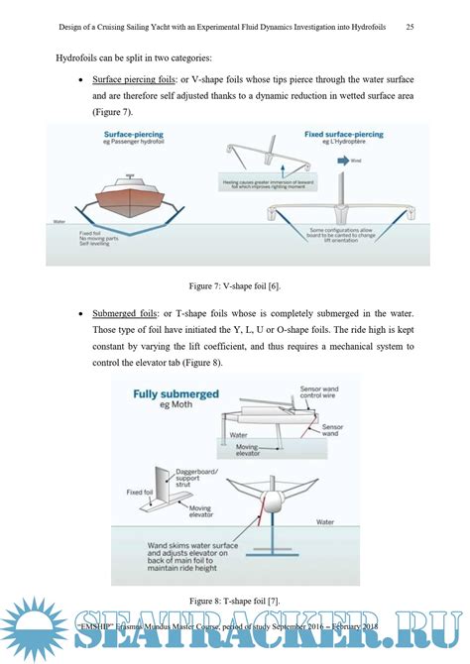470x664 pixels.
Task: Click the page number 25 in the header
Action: [410, 27]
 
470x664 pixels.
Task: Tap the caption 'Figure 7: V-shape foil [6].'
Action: [234, 286]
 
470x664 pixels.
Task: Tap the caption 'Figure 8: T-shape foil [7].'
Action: [235, 601]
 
